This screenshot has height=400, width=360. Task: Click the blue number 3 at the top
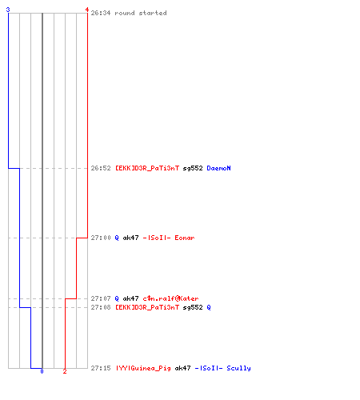[x=8, y=10]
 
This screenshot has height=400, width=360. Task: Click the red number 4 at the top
[x=86, y=10]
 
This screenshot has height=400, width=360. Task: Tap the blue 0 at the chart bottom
[x=42, y=371]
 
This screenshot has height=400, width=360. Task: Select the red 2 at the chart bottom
[x=65, y=371]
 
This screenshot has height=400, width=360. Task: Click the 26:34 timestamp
[x=101, y=13]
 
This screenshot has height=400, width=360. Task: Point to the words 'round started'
[x=141, y=13]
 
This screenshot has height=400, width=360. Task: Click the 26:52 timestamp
[x=101, y=168]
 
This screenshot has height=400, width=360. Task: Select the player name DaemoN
[x=218, y=168]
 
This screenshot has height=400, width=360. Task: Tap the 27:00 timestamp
[x=101, y=238]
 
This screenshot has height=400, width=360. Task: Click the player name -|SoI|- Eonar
[x=169, y=238]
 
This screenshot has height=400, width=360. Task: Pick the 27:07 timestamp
[x=101, y=298]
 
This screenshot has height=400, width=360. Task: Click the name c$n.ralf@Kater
[x=170, y=298]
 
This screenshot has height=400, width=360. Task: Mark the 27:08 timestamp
[x=101, y=307]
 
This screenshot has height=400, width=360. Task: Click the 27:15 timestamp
[x=101, y=368]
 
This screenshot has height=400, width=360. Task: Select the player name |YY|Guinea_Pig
[x=143, y=368]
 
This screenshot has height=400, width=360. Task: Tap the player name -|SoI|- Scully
[x=222, y=368]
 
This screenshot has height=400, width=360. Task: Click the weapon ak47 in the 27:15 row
[x=182, y=368]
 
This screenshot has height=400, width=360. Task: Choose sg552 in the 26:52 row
[x=193, y=168]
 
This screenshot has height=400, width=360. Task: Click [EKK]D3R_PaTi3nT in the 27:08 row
[x=147, y=307]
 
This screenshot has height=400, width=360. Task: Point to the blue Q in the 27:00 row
[x=117, y=238]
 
